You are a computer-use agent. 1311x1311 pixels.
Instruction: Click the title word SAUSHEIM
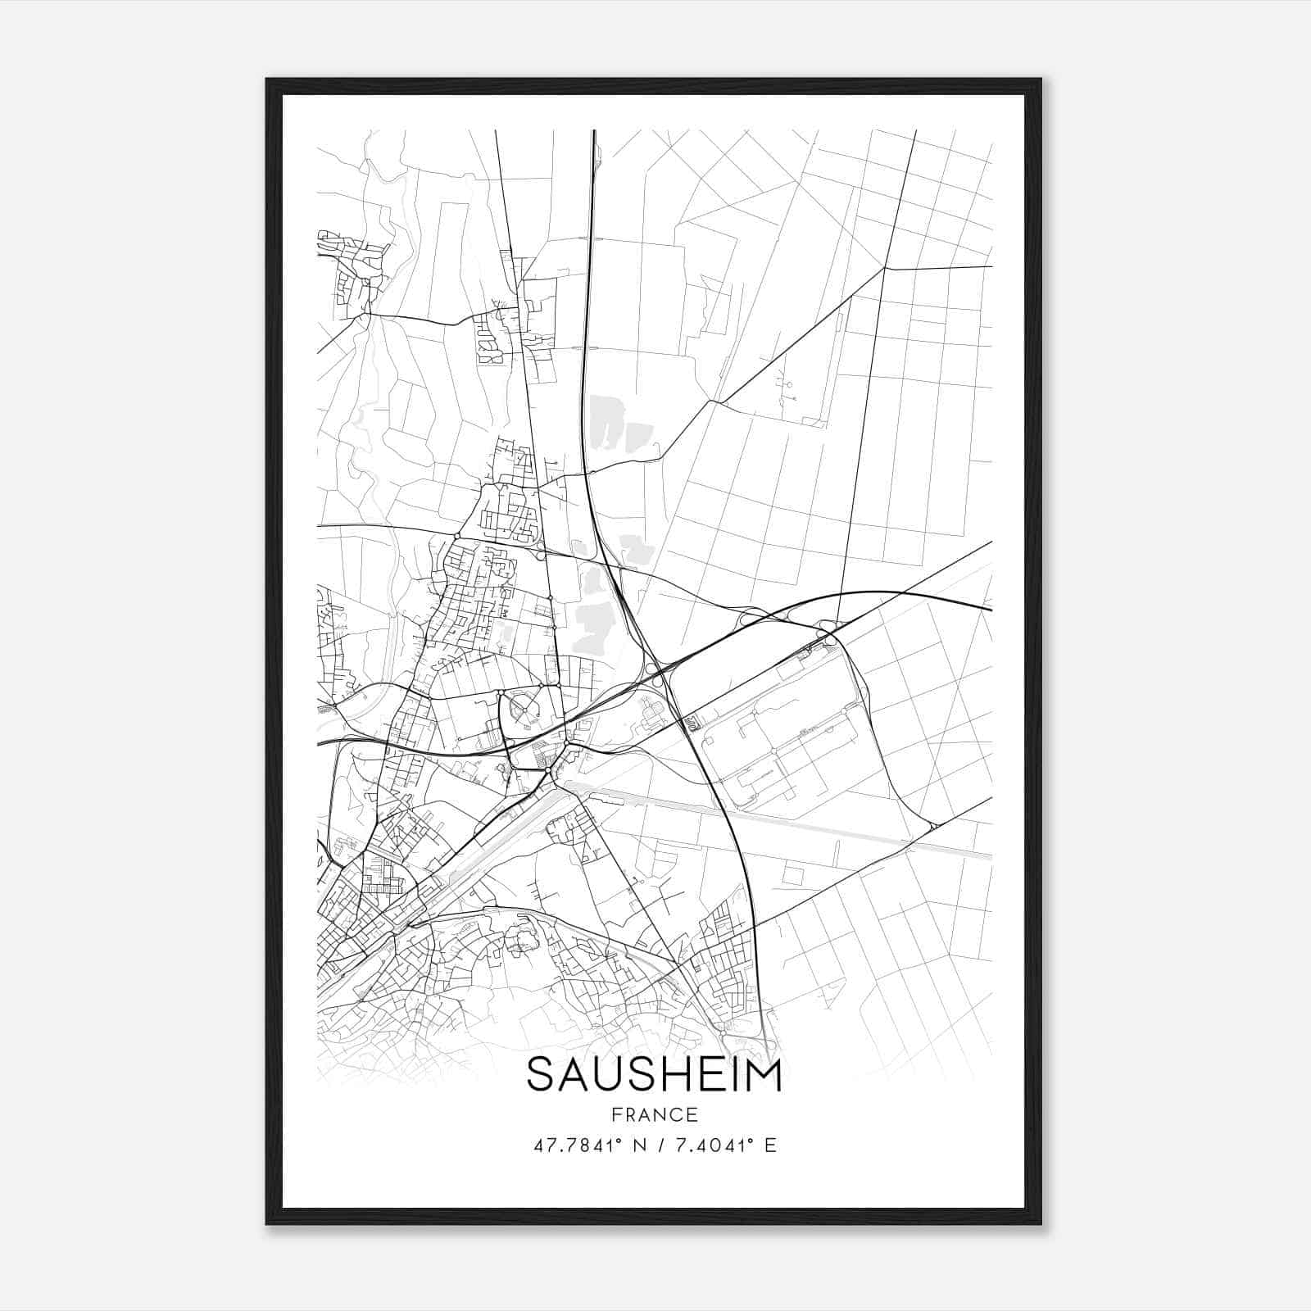654,1075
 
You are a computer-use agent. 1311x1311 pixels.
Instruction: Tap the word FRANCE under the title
654,1114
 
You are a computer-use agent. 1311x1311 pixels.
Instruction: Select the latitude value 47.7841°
579,1145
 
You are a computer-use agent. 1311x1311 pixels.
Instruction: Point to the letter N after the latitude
651,1145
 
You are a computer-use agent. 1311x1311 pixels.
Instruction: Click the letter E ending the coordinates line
769,1145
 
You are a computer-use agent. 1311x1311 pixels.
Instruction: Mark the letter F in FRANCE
616,1114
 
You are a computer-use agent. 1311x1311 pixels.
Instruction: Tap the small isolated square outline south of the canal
792,874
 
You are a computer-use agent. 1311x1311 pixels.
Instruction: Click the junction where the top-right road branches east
885,268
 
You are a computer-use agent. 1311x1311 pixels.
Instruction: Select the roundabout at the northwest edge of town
456,536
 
